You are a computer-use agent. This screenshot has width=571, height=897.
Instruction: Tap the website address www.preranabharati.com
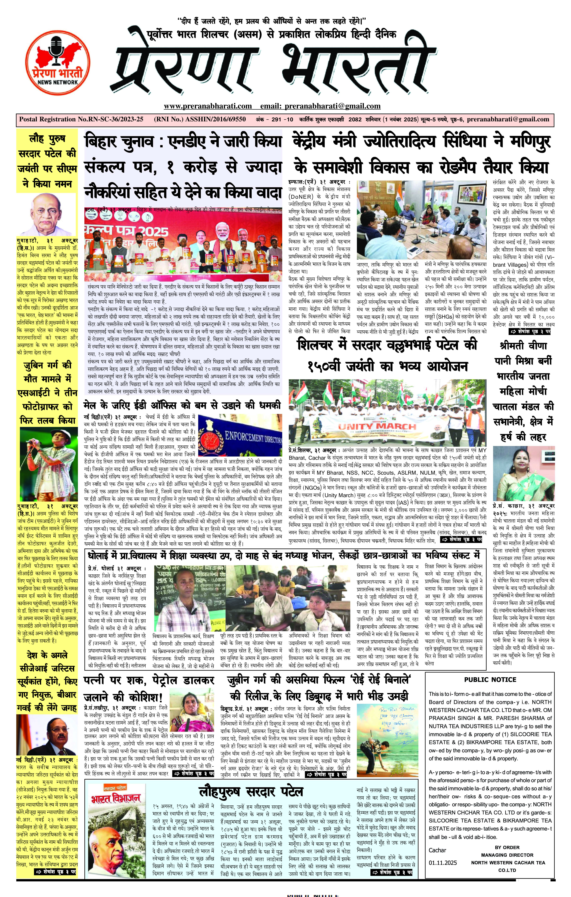208,106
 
